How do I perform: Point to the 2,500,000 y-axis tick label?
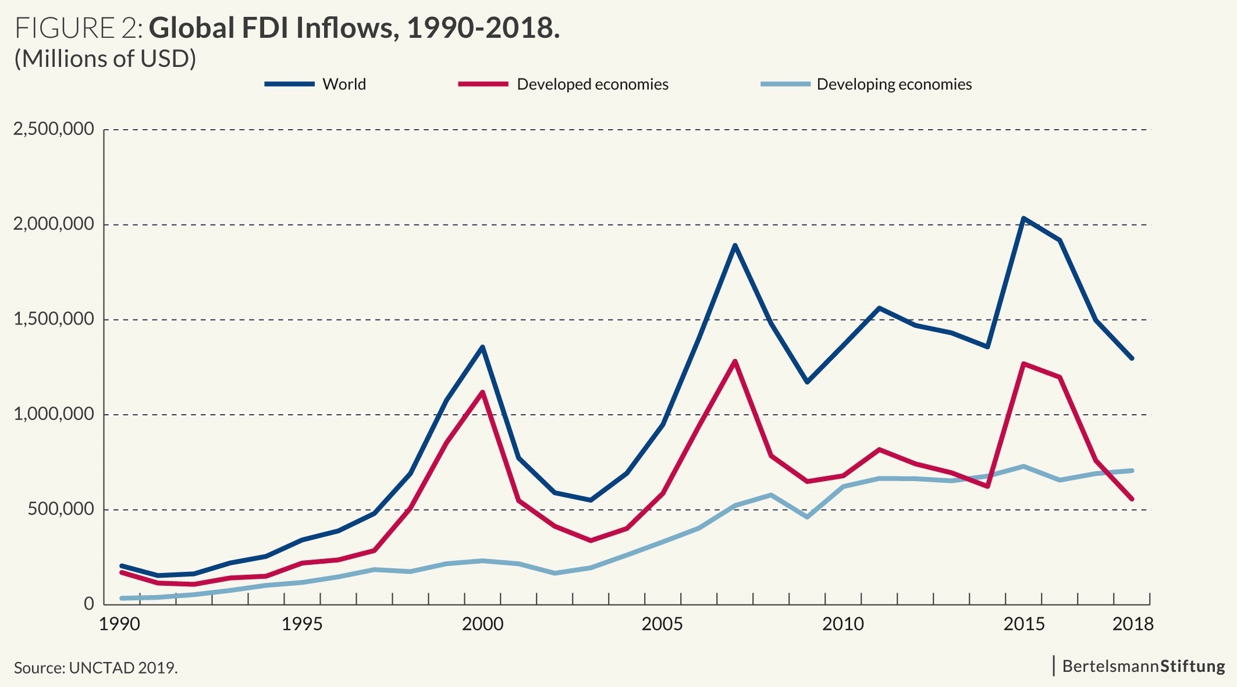point(54,129)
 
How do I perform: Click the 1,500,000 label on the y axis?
point(54,319)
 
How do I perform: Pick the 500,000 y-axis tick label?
point(61,510)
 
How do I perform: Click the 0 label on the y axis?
point(88,604)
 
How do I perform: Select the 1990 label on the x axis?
point(119,625)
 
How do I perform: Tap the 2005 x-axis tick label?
point(662,625)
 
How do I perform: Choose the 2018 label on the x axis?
point(1132,625)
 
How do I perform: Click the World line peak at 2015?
point(1023,218)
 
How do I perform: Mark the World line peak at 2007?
point(735,245)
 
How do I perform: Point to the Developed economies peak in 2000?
point(482,392)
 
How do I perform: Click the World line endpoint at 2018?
point(1132,358)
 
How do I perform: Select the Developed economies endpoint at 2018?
point(1132,499)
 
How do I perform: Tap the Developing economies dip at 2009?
point(807,517)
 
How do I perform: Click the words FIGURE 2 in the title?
point(79,28)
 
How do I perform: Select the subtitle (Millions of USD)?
point(105,59)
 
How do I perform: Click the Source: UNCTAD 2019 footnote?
point(96,668)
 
